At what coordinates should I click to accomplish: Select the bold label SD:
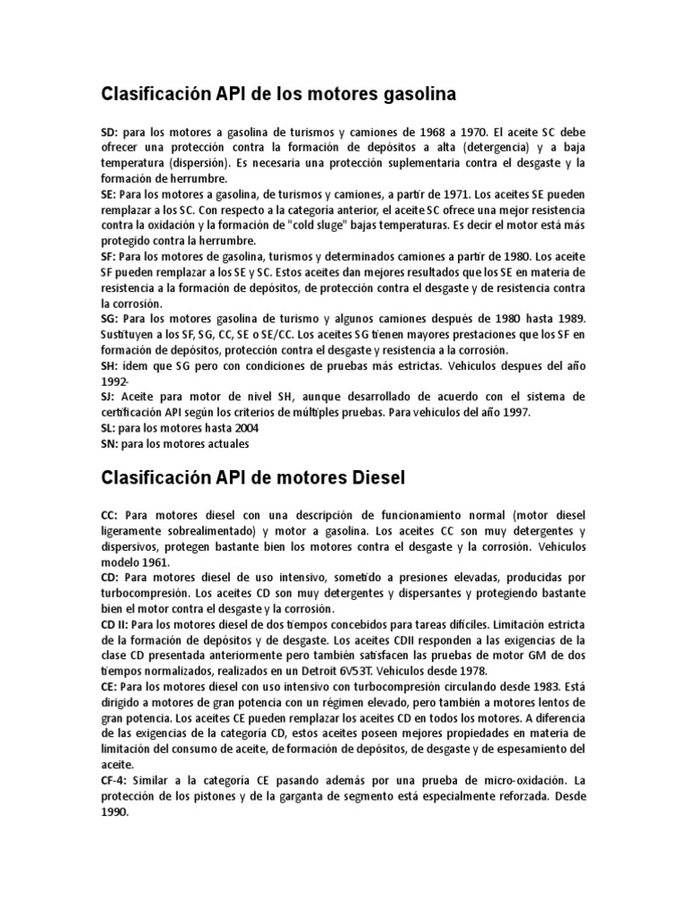[x=108, y=133]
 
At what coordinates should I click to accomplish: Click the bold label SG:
[x=109, y=318]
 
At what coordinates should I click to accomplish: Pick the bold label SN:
[x=108, y=442]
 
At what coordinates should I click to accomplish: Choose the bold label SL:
[x=107, y=427]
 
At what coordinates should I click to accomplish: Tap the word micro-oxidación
[x=486, y=781]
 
